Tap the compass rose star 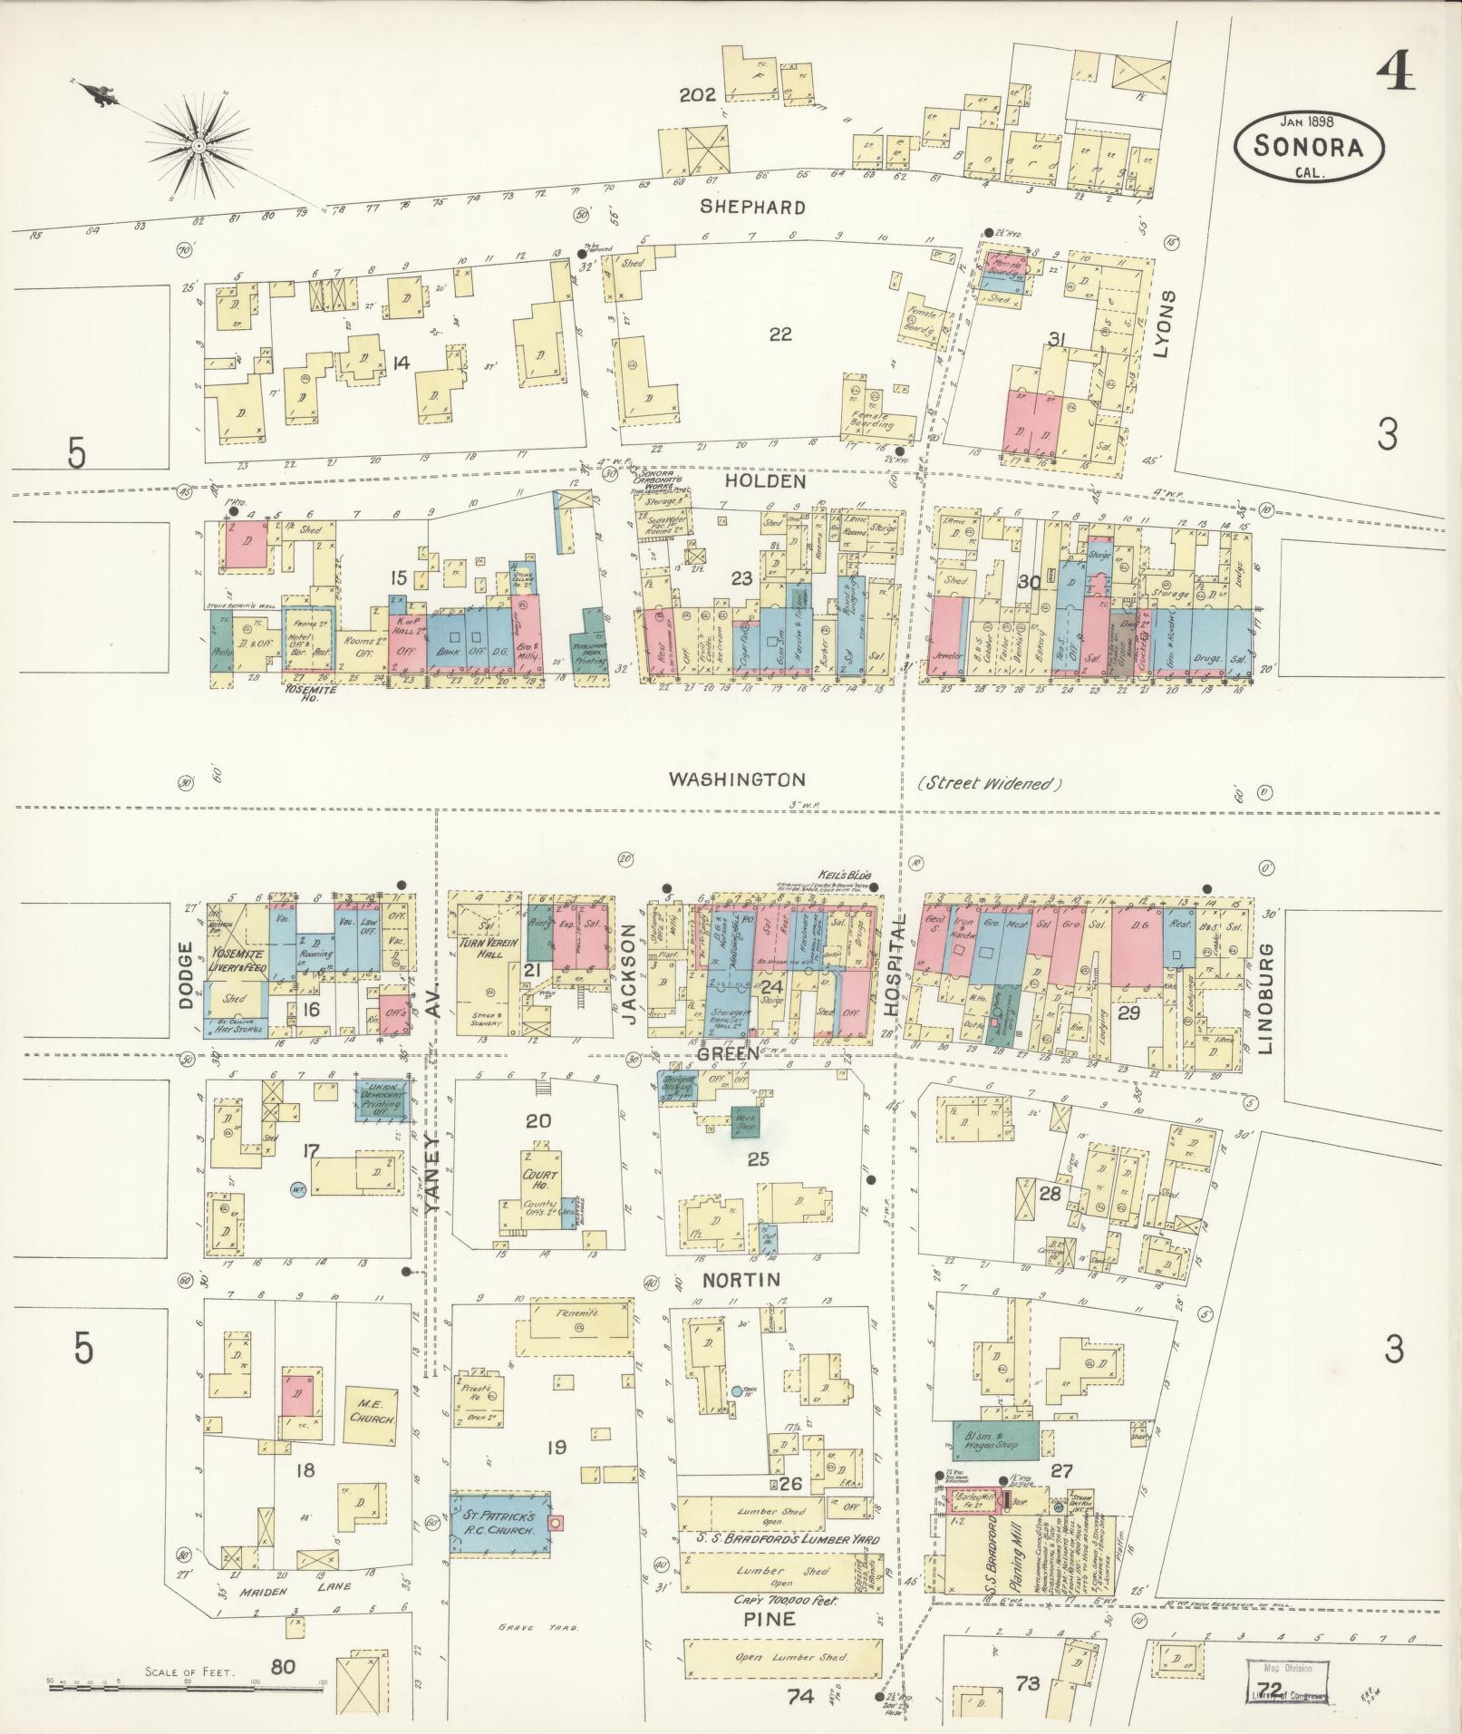198,145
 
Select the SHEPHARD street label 752,207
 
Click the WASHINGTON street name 736,779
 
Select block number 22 779,334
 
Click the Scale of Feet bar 187,1683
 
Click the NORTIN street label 741,1279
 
